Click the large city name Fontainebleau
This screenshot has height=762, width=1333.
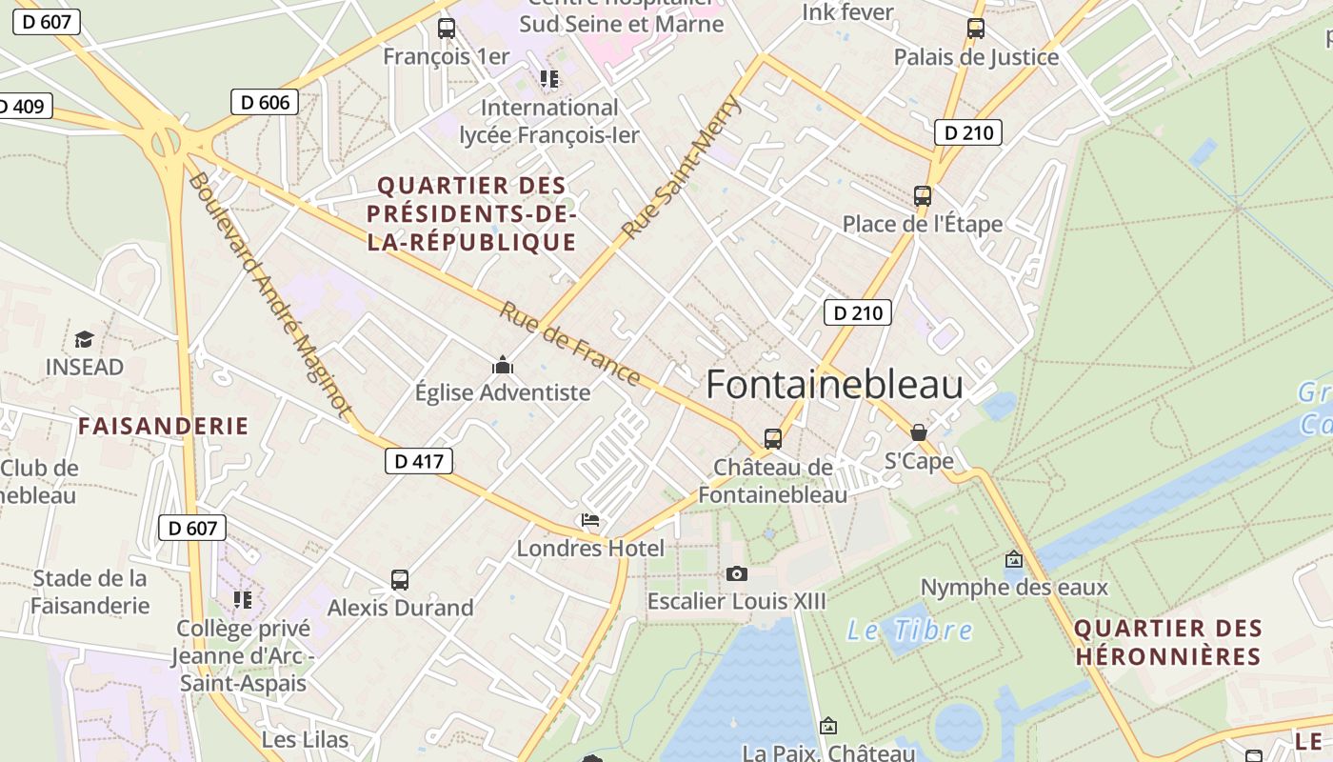coord(834,385)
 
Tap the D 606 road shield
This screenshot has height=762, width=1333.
coord(265,102)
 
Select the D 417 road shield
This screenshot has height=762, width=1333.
coord(419,462)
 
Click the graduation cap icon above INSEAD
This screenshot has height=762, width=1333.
coord(85,340)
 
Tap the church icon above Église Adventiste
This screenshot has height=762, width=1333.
coord(502,366)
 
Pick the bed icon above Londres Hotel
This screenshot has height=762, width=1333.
coord(590,520)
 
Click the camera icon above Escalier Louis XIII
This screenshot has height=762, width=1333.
coord(736,573)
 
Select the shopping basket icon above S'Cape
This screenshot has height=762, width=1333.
coord(918,433)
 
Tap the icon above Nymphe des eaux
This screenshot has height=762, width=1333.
coord(1013,559)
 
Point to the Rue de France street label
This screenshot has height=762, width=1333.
coord(570,344)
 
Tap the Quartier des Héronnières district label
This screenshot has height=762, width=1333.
coord(1168,642)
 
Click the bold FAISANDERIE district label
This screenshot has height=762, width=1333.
coord(163,426)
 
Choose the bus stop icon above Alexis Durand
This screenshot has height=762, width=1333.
coord(400,580)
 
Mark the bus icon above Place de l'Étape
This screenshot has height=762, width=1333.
coord(922,196)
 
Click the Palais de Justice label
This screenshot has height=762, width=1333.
coord(976,57)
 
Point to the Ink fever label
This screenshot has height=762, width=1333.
coord(847,12)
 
